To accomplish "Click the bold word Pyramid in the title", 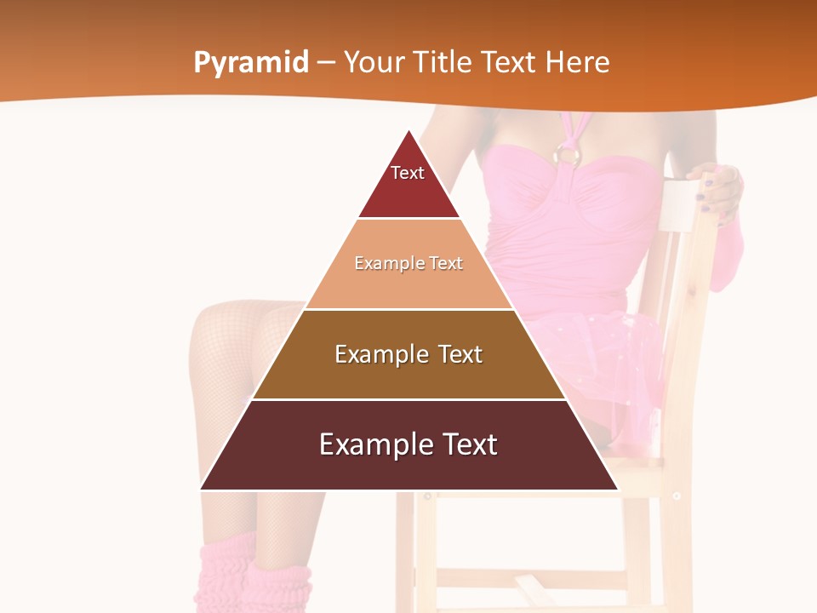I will pos(251,62).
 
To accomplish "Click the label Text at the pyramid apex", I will pos(408,173).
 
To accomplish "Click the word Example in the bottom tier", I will pos(367,444).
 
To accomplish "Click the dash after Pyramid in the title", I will pos(326,63).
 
